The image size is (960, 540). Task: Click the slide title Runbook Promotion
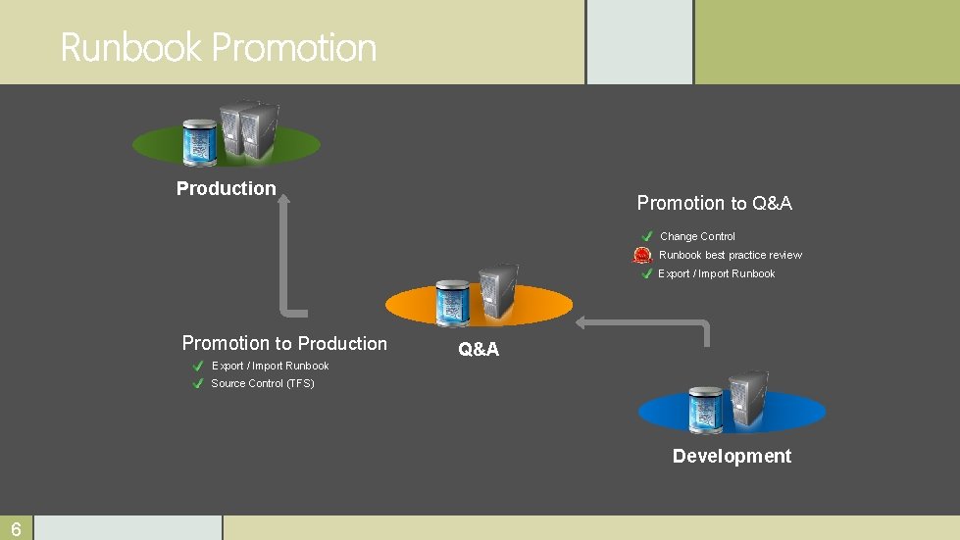[x=218, y=47]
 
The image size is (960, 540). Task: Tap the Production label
[x=227, y=188]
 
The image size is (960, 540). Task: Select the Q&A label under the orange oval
[x=479, y=349]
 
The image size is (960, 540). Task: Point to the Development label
[x=732, y=456]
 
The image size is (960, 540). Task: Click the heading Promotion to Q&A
[x=714, y=203]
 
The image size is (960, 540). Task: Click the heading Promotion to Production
[x=284, y=343]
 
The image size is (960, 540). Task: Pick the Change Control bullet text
[x=697, y=236]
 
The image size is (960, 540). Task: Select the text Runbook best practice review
[x=730, y=255]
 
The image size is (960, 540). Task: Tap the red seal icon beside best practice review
[x=642, y=256]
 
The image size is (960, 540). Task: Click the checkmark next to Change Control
[x=647, y=236]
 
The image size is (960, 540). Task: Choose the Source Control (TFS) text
[x=263, y=383]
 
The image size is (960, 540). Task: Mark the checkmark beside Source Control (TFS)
[x=198, y=384]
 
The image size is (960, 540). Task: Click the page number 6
[x=17, y=529]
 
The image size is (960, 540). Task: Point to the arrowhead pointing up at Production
[x=283, y=200]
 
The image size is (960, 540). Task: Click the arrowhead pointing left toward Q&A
[x=581, y=321]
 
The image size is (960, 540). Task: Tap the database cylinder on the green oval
[x=201, y=142]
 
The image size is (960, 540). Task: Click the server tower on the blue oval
[x=748, y=396]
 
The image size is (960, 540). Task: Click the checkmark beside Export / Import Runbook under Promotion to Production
[x=198, y=367]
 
